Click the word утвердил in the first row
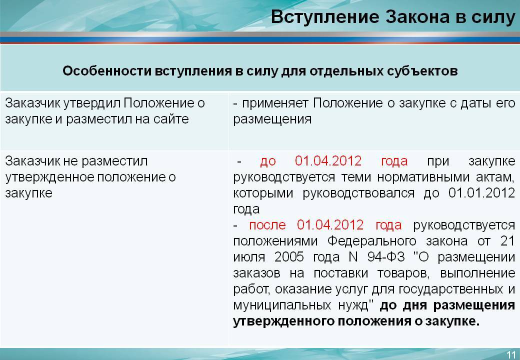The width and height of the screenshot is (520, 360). click(x=92, y=103)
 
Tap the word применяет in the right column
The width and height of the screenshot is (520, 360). click(x=275, y=103)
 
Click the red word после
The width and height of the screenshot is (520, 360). click(x=267, y=225)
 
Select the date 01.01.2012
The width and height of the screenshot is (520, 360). click(x=481, y=192)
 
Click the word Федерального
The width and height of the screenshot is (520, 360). click(x=372, y=241)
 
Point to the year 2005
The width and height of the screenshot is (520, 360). click(x=289, y=257)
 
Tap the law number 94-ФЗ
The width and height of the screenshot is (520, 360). click(x=386, y=257)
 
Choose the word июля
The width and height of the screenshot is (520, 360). click(x=249, y=257)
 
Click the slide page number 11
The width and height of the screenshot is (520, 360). click(x=510, y=354)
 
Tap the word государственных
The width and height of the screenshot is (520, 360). click(x=450, y=289)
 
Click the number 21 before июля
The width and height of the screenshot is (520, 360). click(x=507, y=241)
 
